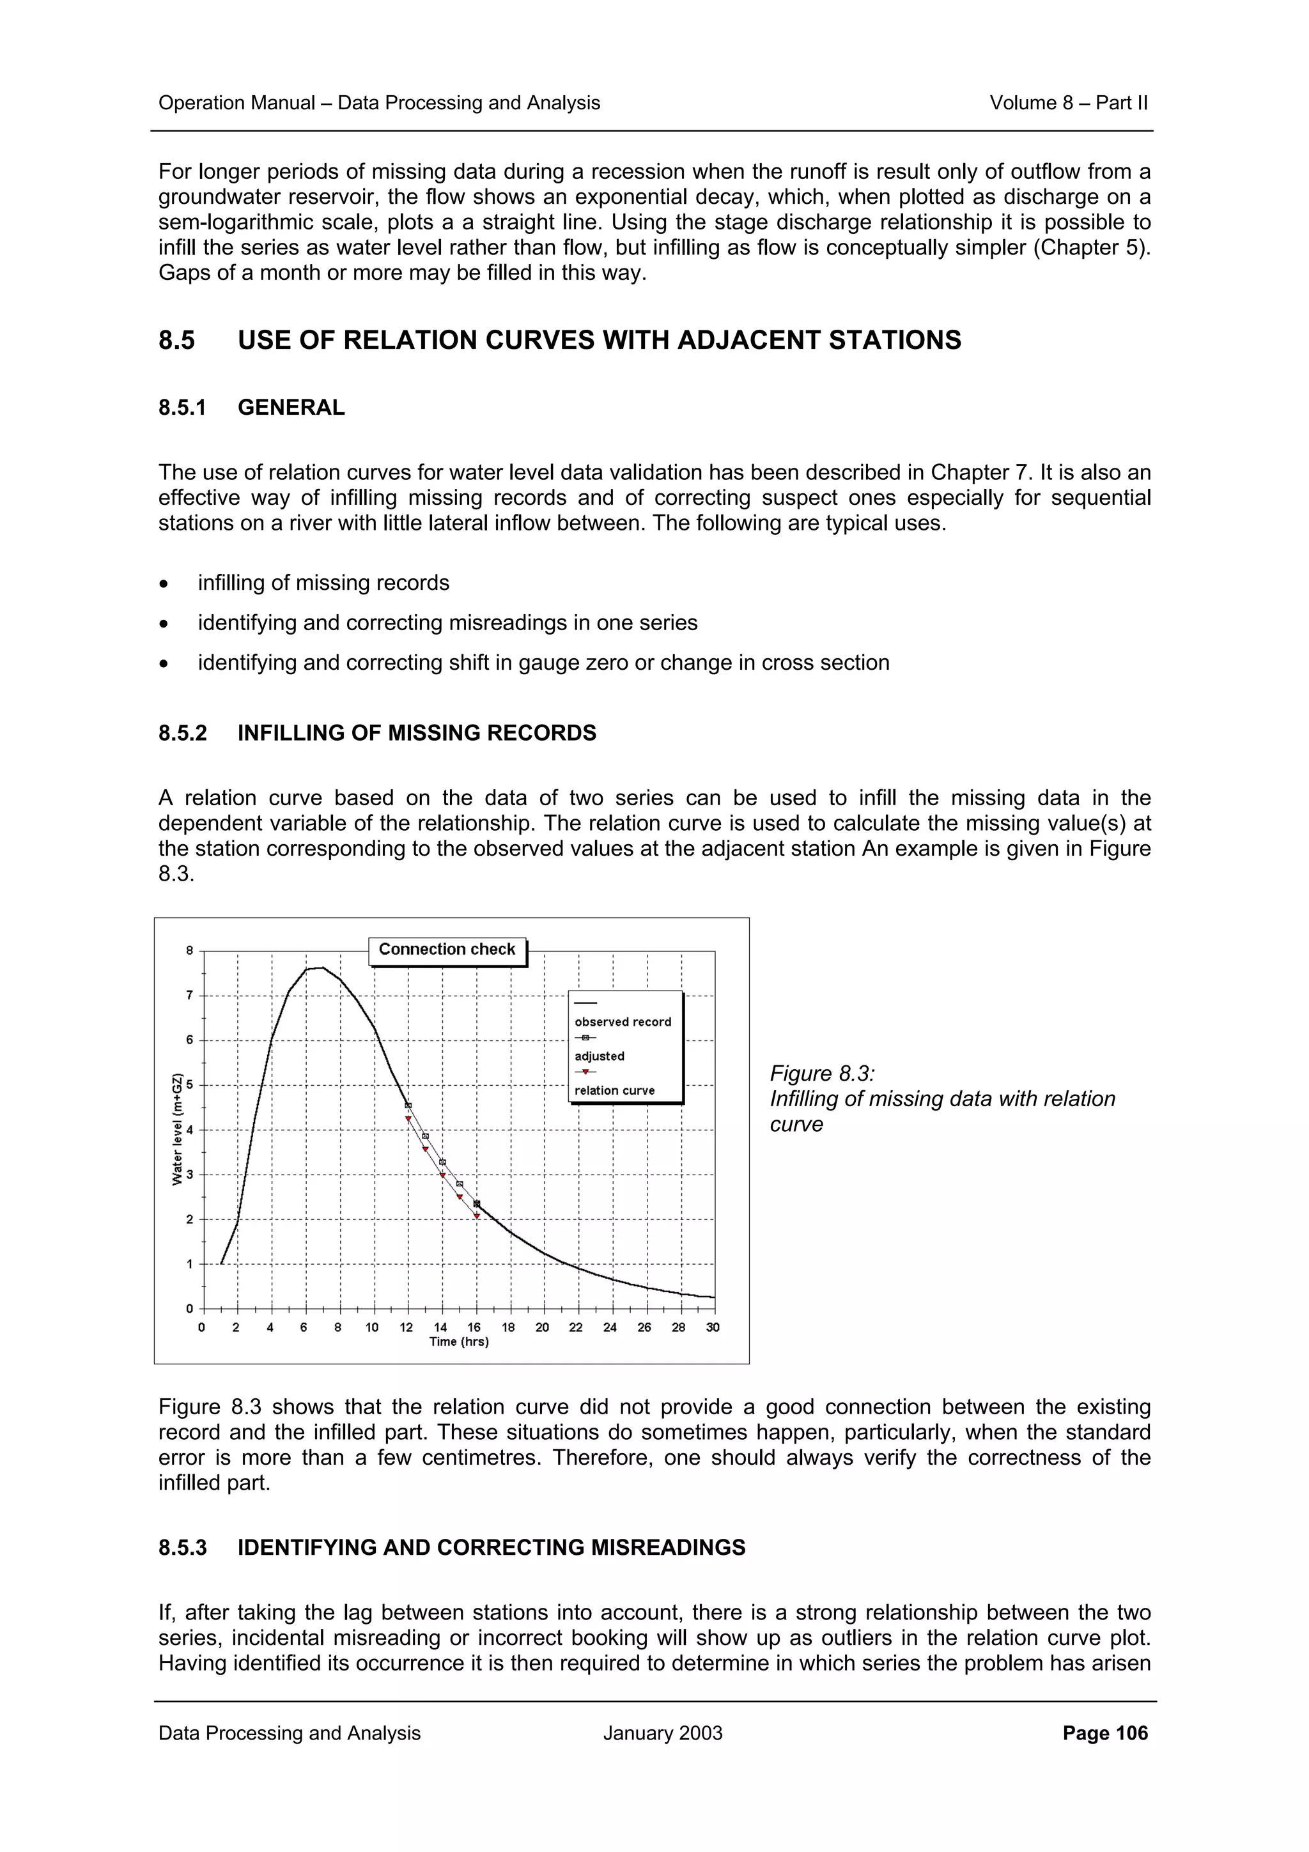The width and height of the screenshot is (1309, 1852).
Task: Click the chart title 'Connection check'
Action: pos(447,950)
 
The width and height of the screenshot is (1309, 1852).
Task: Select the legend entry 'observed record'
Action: pos(623,1022)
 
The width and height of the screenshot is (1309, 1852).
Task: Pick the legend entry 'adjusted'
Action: pos(600,1056)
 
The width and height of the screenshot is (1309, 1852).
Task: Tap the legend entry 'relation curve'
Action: pos(615,1090)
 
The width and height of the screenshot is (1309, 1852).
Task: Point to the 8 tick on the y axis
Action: pos(190,950)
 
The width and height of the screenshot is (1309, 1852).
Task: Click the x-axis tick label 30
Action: pos(713,1327)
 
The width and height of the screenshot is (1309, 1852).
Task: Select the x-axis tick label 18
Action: pos(508,1327)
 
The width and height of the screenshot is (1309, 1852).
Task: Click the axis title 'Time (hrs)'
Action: pos(459,1341)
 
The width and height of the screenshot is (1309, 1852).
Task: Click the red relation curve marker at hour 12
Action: pos(408,1120)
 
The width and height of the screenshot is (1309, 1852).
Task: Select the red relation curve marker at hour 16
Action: pos(477,1215)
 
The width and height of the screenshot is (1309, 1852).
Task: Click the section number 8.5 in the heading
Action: pos(176,341)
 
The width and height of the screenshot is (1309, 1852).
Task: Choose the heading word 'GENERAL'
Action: pos(291,407)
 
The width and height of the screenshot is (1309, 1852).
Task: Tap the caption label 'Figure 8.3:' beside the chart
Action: pos(822,1074)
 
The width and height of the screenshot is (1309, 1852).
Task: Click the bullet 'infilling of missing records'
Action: pos(323,583)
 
